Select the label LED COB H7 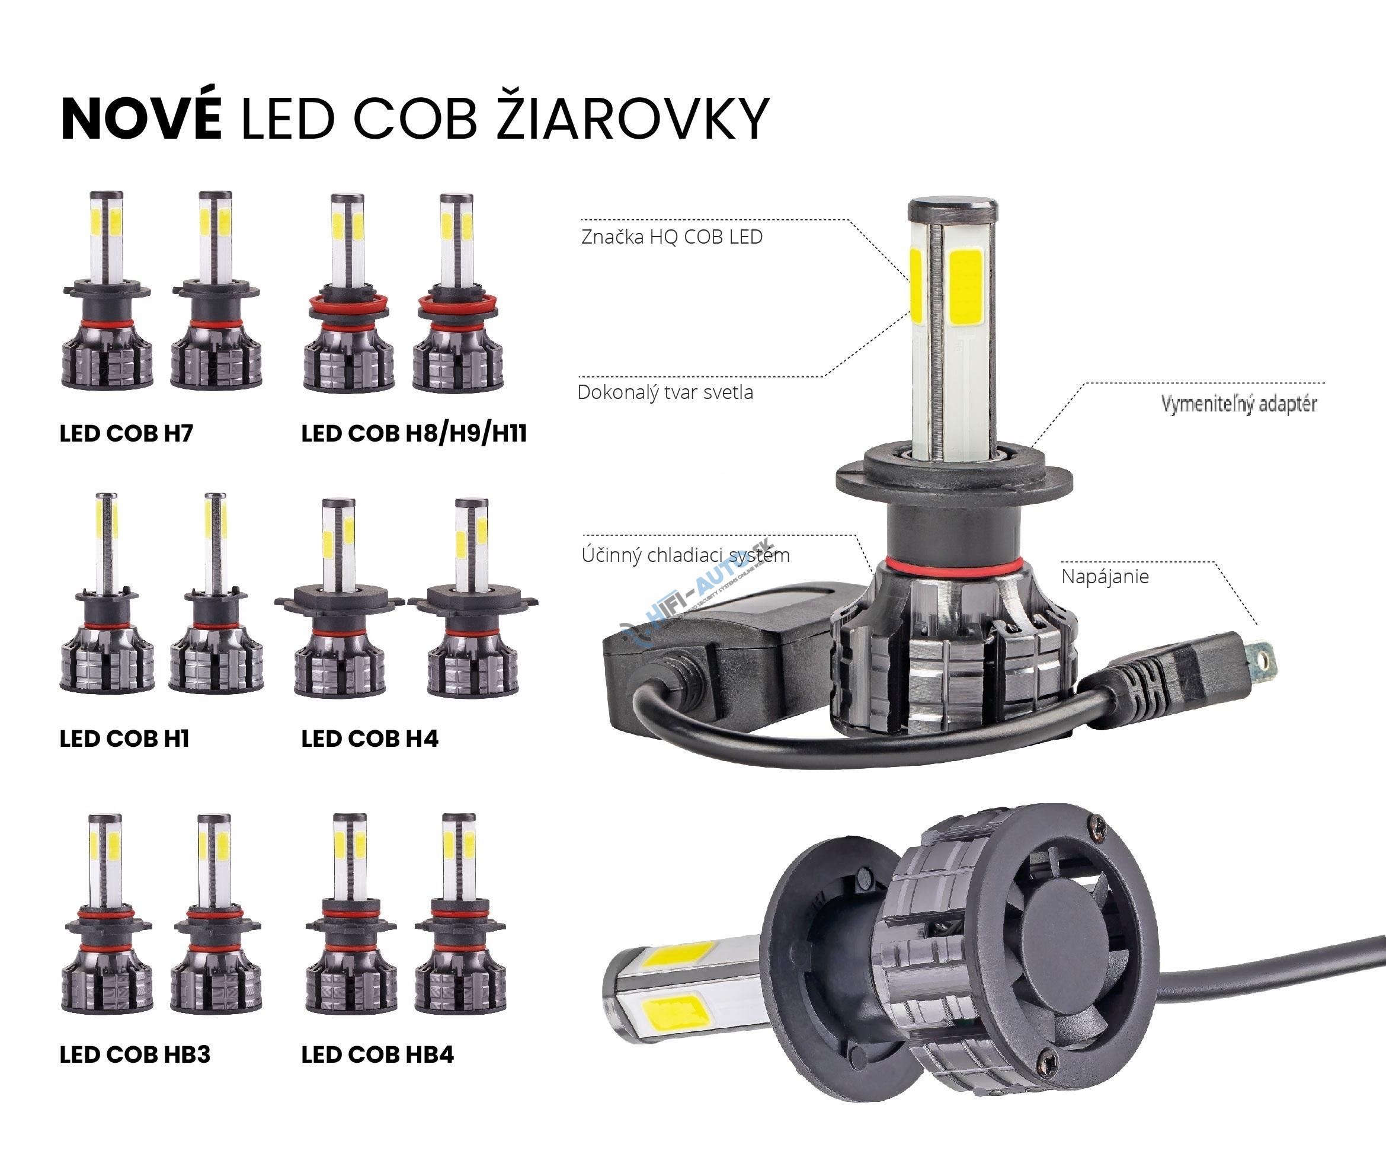[126, 433]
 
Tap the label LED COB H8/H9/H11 [414, 433]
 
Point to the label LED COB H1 [124, 738]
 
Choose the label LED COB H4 [370, 738]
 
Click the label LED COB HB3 [135, 1054]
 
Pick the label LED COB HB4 [377, 1054]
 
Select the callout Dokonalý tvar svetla [665, 392]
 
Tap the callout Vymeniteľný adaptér [1238, 404]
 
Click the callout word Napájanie [1105, 577]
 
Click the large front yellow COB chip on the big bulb [966, 287]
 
